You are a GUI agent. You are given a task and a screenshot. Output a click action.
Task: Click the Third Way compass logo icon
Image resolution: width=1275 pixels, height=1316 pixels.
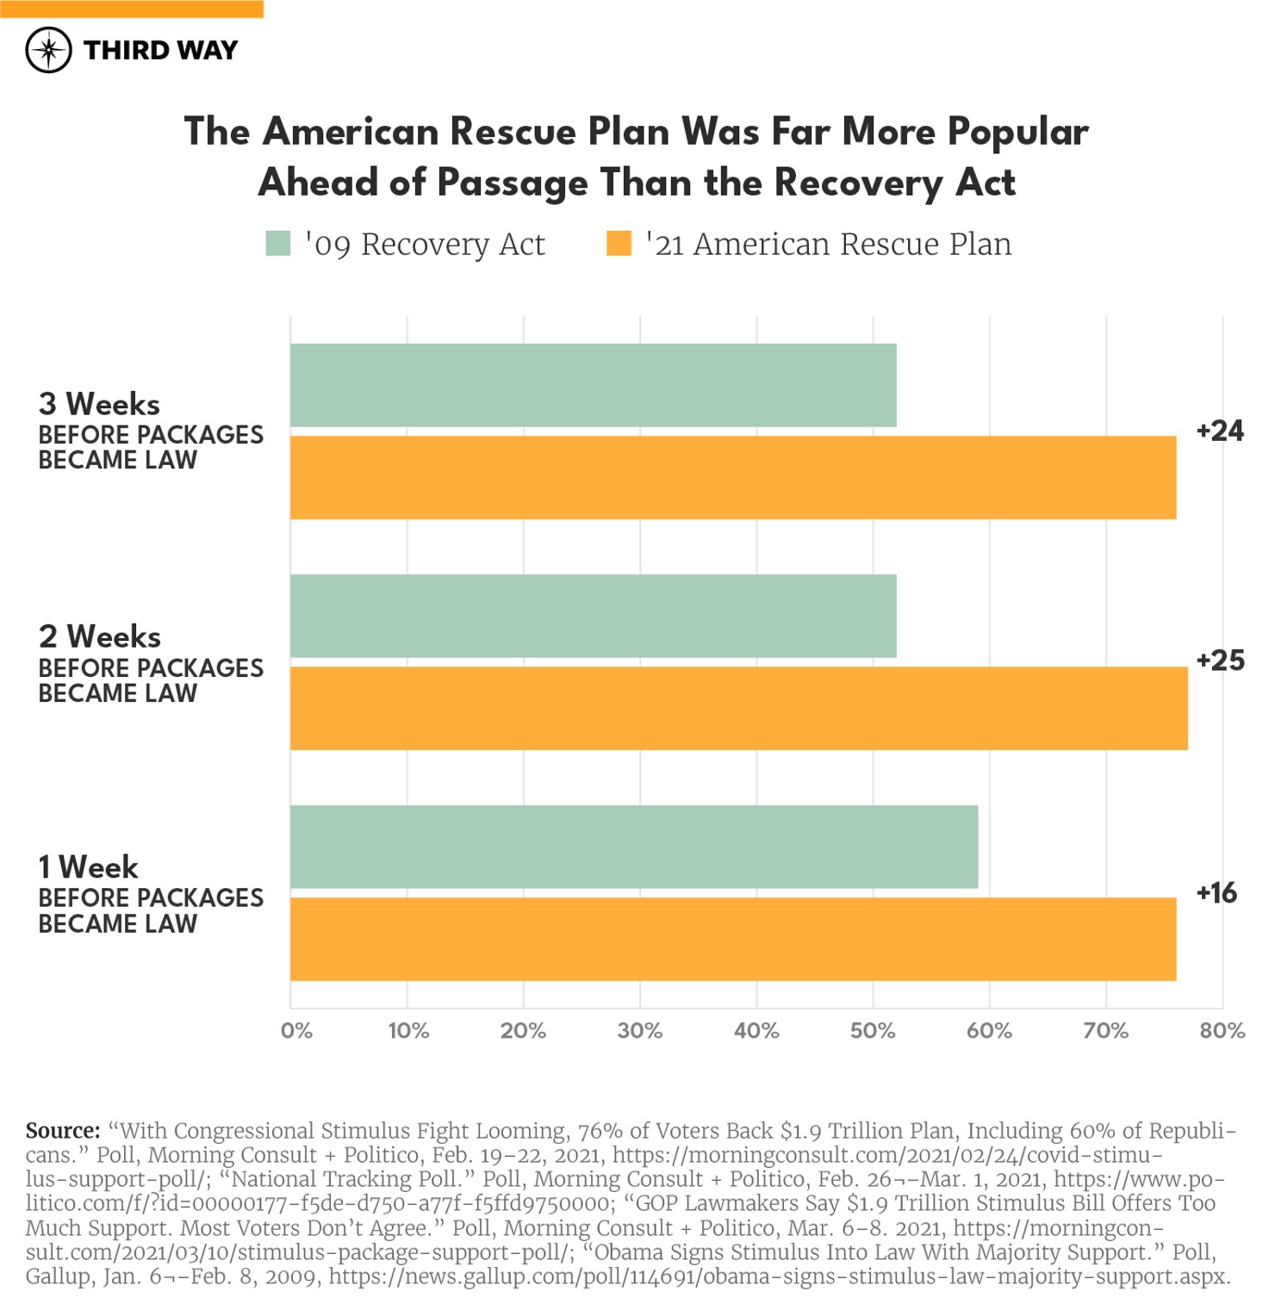(x=48, y=50)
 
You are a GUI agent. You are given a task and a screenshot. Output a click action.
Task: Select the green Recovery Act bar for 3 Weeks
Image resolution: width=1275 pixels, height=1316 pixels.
(x=593, y=385)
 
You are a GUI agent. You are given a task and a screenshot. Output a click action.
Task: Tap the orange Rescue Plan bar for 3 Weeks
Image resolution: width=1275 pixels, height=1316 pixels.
(x=732, y=477)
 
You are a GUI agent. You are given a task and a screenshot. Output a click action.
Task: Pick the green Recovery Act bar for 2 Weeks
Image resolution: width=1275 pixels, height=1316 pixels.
(x=593, y=616)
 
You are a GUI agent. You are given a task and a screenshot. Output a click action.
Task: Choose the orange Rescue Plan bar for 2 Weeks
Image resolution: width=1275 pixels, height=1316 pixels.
(x=738, y=708)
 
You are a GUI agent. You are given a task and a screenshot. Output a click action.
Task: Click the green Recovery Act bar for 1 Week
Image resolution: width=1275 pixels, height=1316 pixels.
(x=633, y=847)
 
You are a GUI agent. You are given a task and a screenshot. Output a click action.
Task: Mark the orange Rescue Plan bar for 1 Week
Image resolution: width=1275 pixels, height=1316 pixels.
(x=732, y=939)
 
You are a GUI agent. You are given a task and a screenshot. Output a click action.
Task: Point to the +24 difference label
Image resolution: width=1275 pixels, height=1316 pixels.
(x=1219, y=431)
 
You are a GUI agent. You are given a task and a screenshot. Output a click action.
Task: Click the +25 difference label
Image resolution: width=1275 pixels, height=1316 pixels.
(x=1219, y=661)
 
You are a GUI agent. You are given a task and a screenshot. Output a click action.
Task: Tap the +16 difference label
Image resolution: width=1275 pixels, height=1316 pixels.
(x=1216, y=893)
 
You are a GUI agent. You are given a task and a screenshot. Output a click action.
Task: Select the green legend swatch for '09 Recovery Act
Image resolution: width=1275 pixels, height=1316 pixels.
(x=277, y=244)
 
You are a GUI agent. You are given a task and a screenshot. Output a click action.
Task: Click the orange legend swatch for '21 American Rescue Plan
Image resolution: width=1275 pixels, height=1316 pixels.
(x=619, y=244)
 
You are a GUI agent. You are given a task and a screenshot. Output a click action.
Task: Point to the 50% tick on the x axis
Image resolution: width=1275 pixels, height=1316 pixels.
(x=872, y=1030)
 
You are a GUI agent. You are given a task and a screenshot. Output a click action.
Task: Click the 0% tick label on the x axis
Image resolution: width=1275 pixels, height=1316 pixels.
(x=296, y=1030)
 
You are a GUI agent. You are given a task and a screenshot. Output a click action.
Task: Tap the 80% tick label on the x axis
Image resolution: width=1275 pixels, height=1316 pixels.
(x=1221, y=1030)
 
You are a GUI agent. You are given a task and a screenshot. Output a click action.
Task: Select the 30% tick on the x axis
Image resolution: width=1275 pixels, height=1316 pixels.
(x=639, y=1030)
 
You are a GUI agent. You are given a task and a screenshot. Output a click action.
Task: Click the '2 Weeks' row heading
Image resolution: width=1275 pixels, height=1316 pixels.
(x=99, y=636)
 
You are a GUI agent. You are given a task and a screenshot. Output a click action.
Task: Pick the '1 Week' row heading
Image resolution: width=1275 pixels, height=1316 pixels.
(x=88, y=866)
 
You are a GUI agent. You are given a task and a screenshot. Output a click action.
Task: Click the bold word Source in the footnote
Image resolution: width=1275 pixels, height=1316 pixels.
(x=63, y=1130)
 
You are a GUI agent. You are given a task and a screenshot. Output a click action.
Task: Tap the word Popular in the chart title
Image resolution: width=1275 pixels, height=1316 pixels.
(x=1017, y=132)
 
